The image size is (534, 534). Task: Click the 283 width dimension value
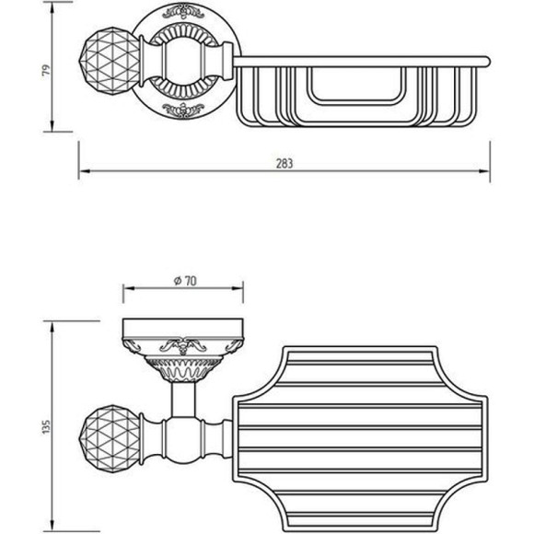click(284, 164)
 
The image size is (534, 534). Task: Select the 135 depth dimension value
click(46, 427)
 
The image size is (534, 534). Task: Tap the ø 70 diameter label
click(185, 281)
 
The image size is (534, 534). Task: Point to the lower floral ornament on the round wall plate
click(183, 110)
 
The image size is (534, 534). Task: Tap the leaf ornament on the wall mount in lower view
click(183, 347)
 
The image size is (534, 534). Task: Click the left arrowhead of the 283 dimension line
click(84, 171)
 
